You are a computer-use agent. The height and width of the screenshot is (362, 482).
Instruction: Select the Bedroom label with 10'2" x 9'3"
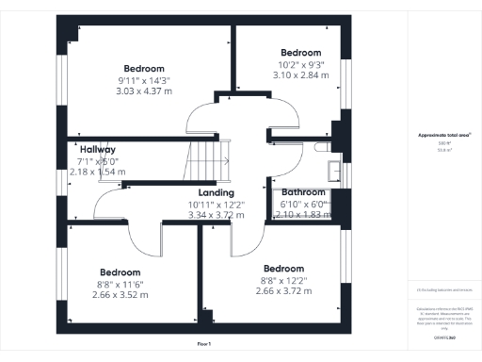point(301,53)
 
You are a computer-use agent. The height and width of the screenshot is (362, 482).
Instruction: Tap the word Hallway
point(98,150)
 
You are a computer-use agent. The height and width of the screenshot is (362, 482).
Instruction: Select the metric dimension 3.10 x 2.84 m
point(301,75)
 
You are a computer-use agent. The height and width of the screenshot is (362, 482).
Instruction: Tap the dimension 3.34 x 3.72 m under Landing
point(217,215)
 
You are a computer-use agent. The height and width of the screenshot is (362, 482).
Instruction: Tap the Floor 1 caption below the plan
point(204,345)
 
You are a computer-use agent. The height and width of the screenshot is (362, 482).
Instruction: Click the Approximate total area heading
point(443,136)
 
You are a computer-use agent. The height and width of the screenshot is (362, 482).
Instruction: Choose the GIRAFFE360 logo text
point(443,337)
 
